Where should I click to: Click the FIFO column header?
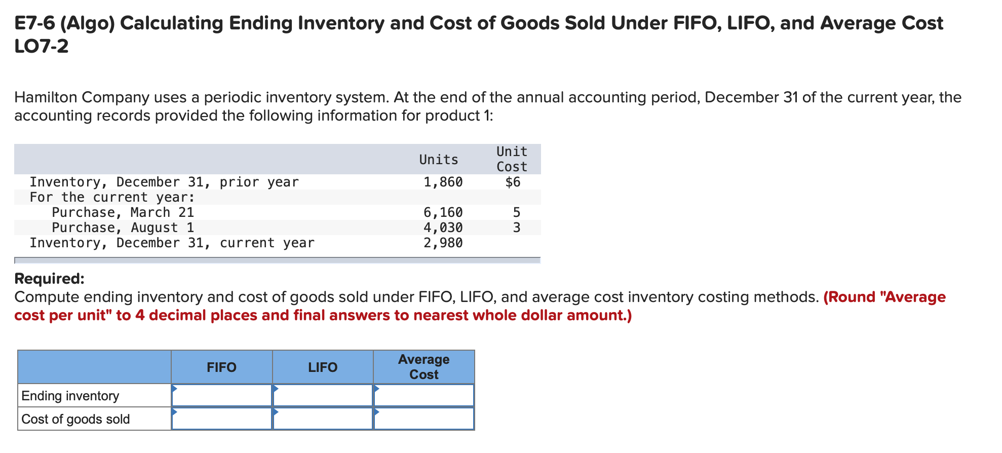pyautogui.click(x=221, y=367)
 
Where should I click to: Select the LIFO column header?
pyautogui.click(x=323, y=367)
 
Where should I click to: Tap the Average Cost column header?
pyautogui.click(x=423, y=367)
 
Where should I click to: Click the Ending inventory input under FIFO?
pyautogui.click(x=222, y=396)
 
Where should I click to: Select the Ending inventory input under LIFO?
pyautogui.click(x=323, y=396)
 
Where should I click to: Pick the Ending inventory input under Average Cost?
pyautogui.click(x=424, y=396)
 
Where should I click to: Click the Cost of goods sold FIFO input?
pyautogui.click(x=222, y=419)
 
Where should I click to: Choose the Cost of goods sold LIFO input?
pyautogui.click(x=323, y=419)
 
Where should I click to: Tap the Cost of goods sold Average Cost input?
pyautogui.click(x=424, y=419)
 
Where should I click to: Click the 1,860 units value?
pyautogui.click(x=443, y=182)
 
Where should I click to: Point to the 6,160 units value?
pyautogui.click(x=443, y=212)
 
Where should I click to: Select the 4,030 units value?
pyautogui.click(x=443, y=228)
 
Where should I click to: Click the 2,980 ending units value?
pyautogui.click(x=443, y=243)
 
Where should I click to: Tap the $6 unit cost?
pyautogui.click(x=513, y=182)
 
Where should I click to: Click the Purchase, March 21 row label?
pyautogui.click(x=123, y=212)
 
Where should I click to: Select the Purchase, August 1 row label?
pyautogui.click(x=123, y=228)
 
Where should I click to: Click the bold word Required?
pyautogui.click(x=49, y=279)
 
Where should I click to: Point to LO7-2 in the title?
pyautogui.click(x=42, y=47)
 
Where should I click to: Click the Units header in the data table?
pyautogui.click(x=438, y=160)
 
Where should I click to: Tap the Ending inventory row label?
pyautogui.click(x=70, y=396)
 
